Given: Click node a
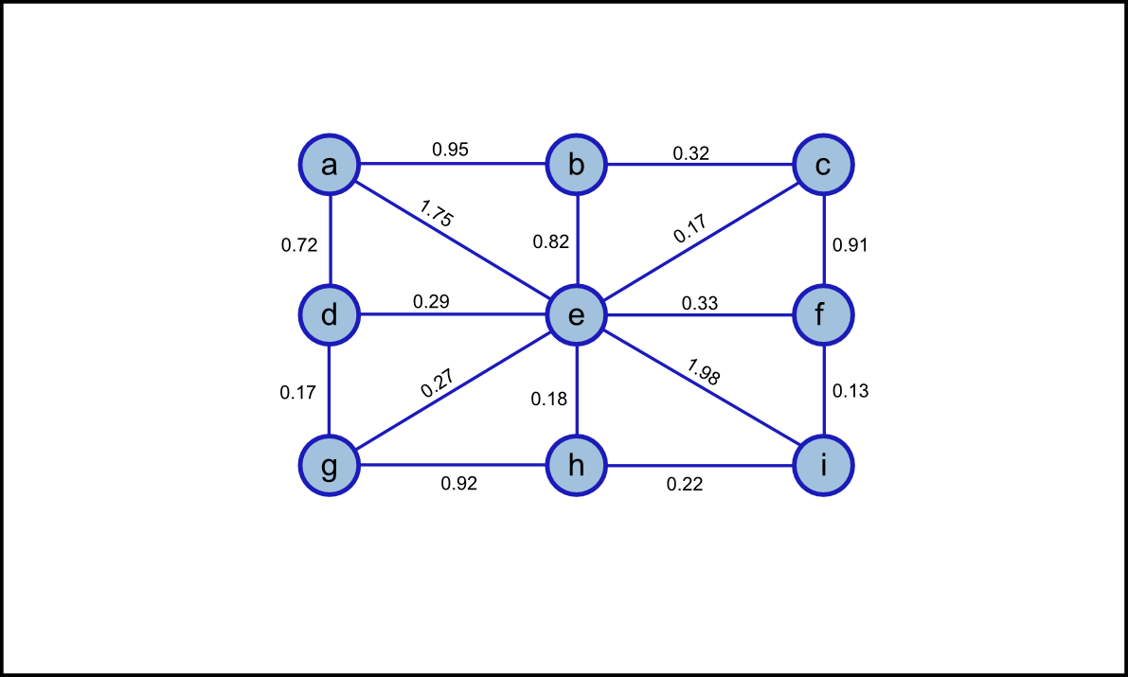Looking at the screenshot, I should click(x=330, y=165).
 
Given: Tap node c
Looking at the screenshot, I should click(x=824, y=165).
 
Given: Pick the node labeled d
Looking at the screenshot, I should click(x=330, y=315).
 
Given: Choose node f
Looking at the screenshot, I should click(x=824, y=315).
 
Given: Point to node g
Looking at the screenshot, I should click(x=330, y=466).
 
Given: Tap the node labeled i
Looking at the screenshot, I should click(x=824, y=466).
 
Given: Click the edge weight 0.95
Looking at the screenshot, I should click(x=450, y=149).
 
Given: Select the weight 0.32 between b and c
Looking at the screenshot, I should click(x=691, y=152).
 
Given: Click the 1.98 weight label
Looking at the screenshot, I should click(x=704, y=372).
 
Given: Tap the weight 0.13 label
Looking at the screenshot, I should click(x=850, y=390).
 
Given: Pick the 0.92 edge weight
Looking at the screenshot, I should click(x=459, y=484).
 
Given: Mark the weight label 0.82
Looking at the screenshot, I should click(x=551, y=241).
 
